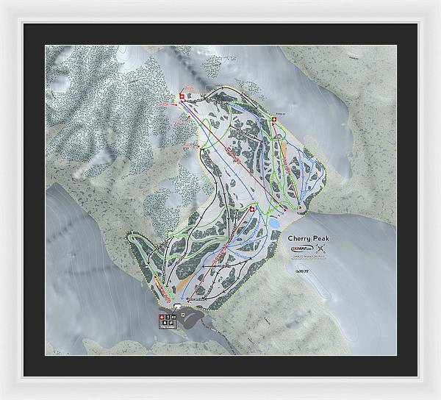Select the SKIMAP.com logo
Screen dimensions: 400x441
click(x=301, y=252)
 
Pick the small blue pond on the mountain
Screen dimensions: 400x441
click(x=273, y=221)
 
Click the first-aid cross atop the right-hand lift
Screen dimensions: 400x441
click(x=273, y=125)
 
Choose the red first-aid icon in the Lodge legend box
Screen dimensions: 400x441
click(x=161, y=318)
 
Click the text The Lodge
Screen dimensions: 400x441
click(x=166, y=326)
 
